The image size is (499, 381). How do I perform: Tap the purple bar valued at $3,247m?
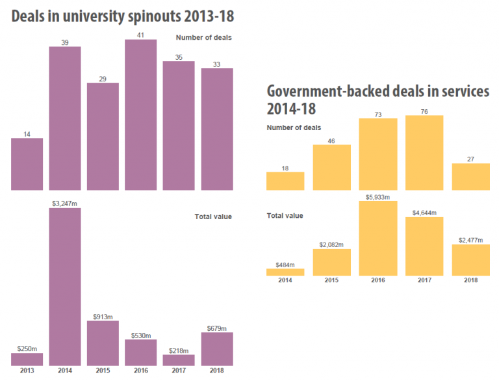[x=65, y=286]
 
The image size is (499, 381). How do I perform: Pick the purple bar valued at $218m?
[x=179, y=360]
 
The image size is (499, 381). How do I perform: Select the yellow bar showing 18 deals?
[x=285, y=181]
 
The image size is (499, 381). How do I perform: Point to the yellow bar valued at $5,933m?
[x=378, y=238]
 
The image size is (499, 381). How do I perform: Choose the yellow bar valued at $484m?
[x=285, y=272]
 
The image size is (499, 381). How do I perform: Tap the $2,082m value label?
[x=331, y=244]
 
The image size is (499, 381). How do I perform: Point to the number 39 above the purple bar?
[x=65, y=42]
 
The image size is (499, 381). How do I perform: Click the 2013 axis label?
[x=27, y=371]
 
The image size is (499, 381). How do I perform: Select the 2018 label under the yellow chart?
[x=470, y=280]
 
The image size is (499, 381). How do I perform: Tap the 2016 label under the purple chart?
[x=140, y=371]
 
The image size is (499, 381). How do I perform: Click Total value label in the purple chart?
[x=213, y=217]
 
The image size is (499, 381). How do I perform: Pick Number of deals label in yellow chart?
[x=294, y=127]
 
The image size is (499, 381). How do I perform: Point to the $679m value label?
[x=217, y=328]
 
